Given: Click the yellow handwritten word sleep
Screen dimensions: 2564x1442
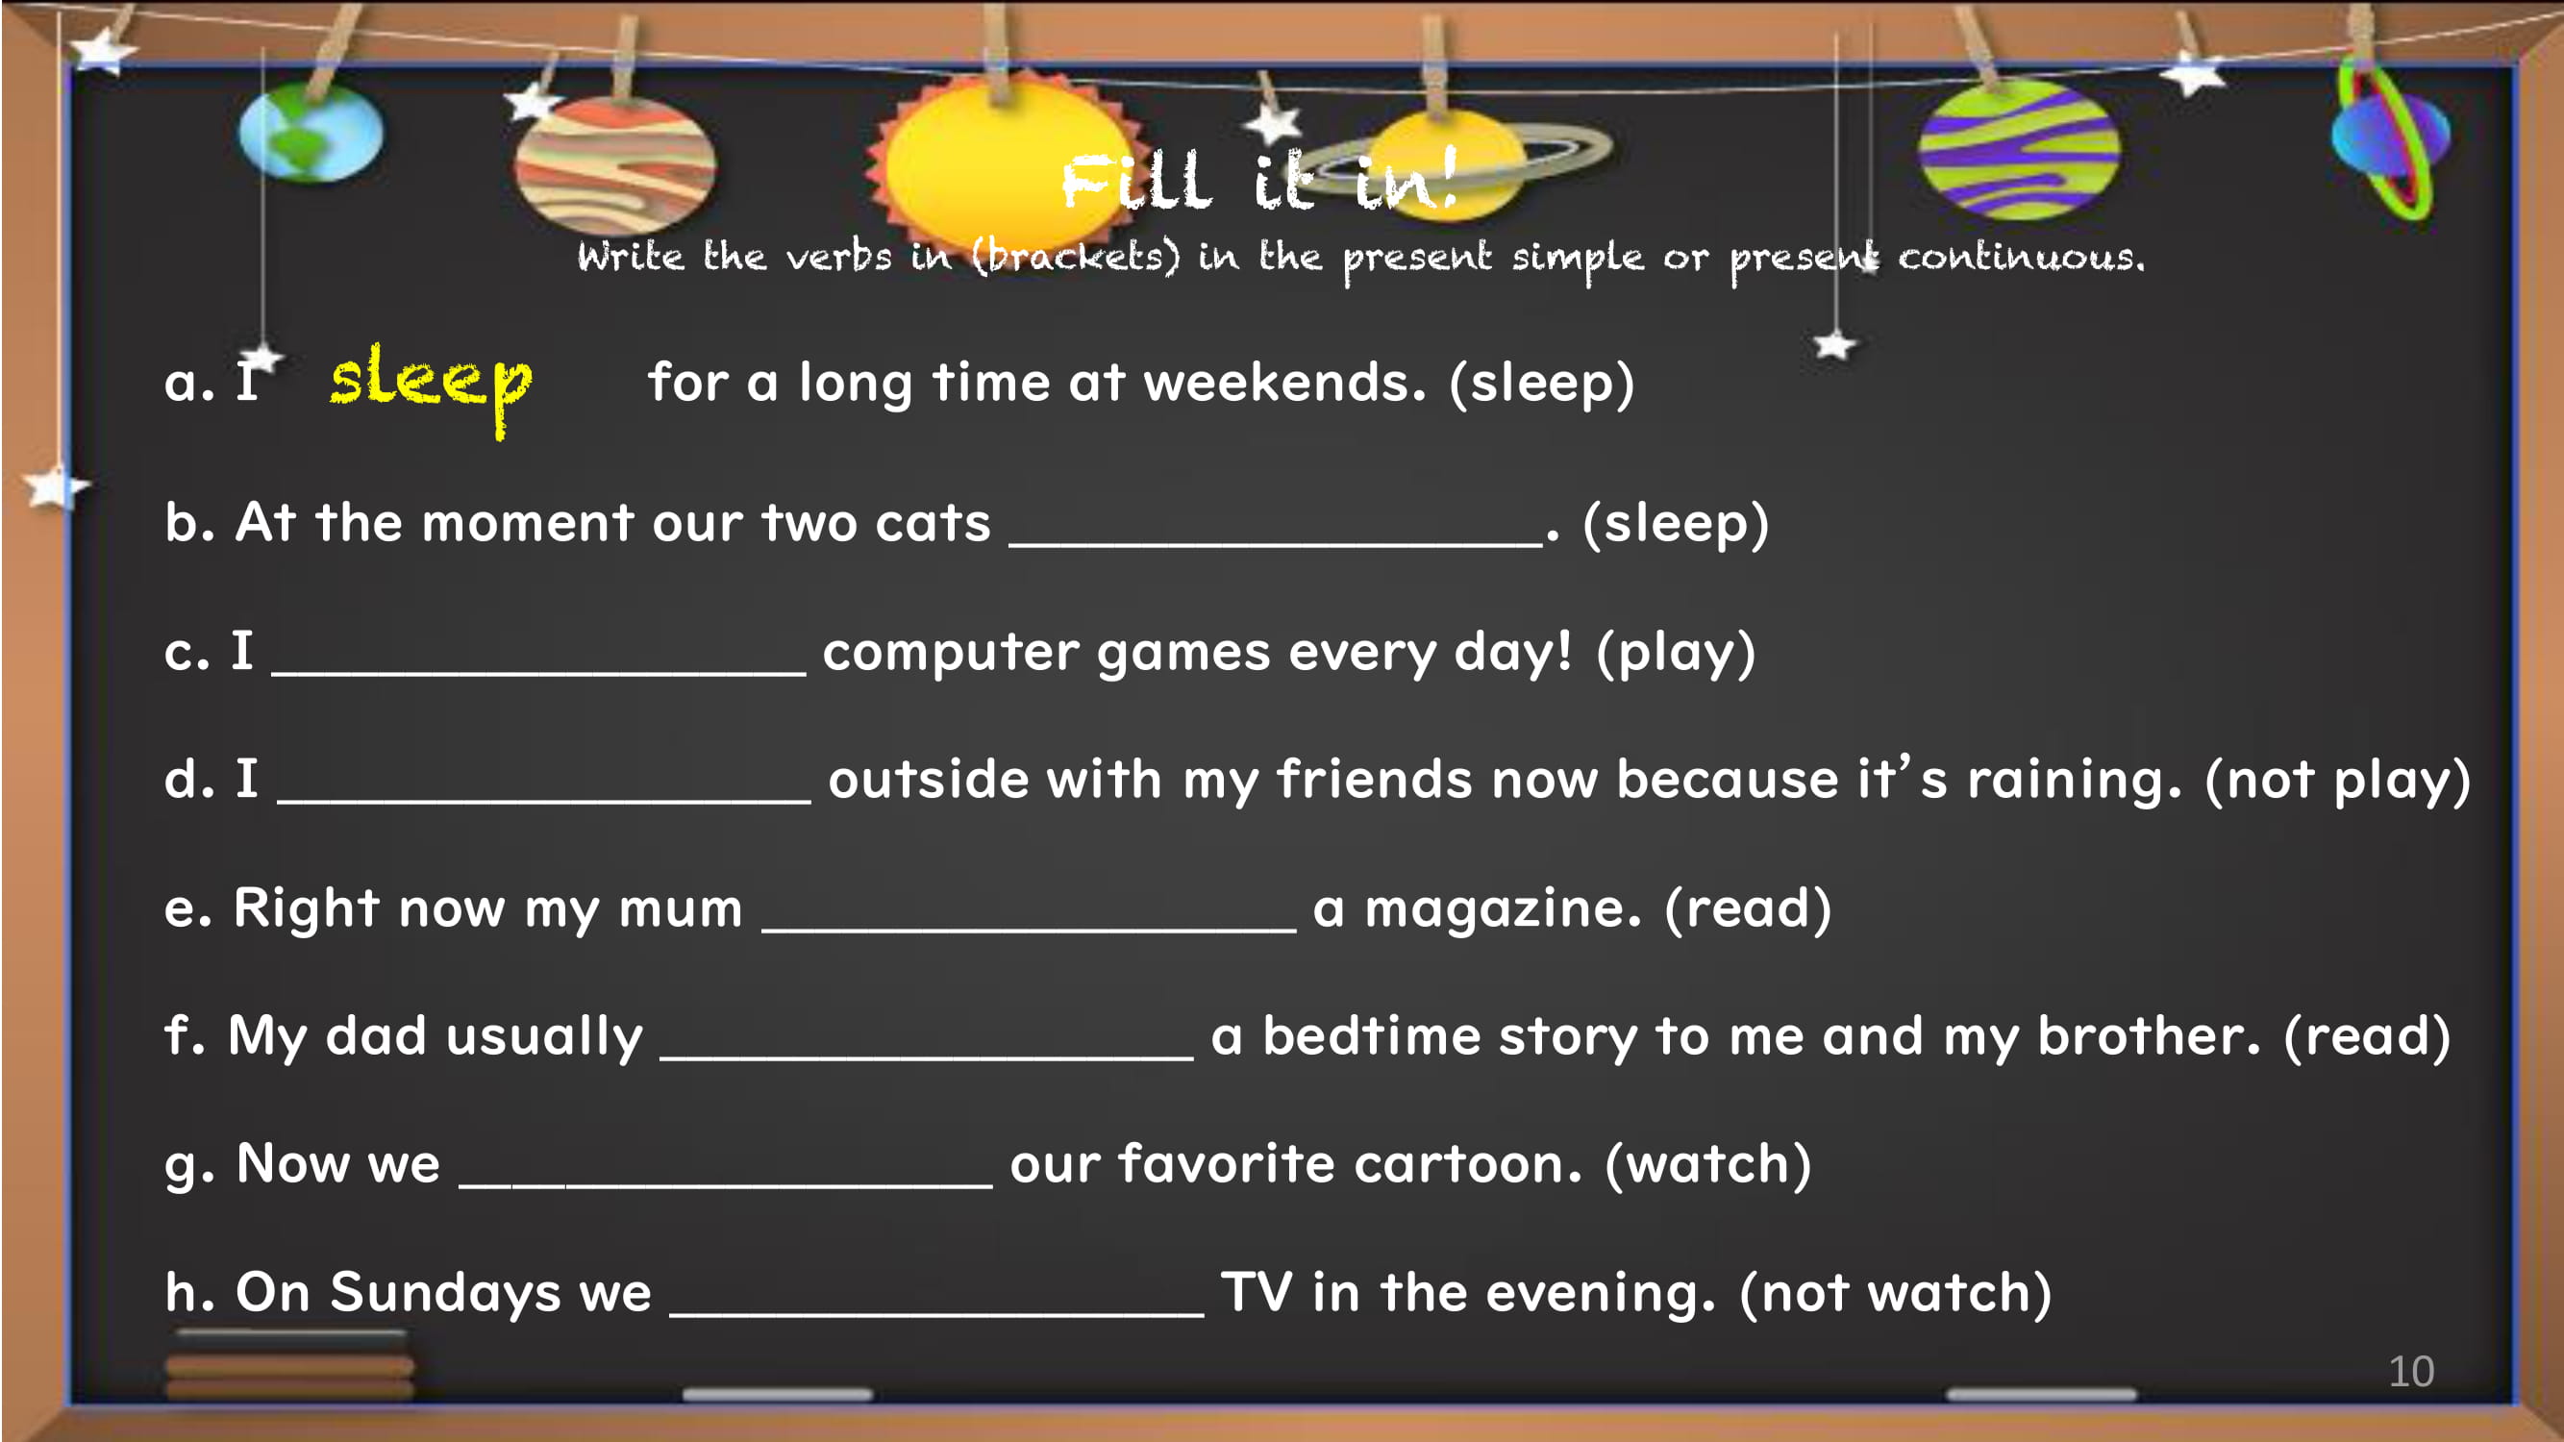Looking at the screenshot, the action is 431,386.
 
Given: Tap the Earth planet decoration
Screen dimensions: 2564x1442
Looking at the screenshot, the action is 311,133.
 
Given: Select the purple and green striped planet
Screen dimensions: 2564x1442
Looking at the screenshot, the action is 2020,149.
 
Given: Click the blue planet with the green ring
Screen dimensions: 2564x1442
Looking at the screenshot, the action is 2390,139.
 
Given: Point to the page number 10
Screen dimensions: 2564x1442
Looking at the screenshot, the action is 2411,1372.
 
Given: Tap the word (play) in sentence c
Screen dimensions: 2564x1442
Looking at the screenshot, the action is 1675,654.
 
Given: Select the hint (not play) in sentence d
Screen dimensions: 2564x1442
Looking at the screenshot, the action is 2338,782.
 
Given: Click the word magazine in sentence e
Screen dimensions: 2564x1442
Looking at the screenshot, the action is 1503,908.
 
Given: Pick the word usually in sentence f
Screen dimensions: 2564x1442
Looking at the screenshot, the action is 544,1038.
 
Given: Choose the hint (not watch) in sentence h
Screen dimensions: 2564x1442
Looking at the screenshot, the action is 1895,1294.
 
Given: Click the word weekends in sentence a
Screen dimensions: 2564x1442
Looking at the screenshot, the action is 1285,384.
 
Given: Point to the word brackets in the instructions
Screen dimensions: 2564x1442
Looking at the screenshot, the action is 1076,258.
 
